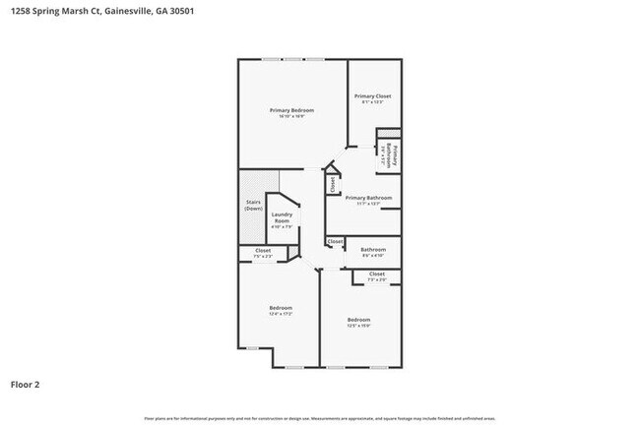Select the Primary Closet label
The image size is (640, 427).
[373, 95]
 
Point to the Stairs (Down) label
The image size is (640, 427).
[253, 205]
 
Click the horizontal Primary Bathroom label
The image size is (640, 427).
[368, 198]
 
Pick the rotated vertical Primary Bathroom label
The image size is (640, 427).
[392, 156]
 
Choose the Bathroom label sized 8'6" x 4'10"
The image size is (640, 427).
[372, 249]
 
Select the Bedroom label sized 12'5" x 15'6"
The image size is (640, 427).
[358, 319]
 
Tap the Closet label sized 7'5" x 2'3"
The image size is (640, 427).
[263, 250]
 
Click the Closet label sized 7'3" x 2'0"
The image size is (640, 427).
[376, 274]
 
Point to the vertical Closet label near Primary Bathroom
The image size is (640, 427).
[334, 183]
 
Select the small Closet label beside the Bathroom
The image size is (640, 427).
[335, 241]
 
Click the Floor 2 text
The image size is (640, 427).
[26, 384]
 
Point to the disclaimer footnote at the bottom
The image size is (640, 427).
[320, 418]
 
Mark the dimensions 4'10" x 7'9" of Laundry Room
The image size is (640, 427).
[282, 226]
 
